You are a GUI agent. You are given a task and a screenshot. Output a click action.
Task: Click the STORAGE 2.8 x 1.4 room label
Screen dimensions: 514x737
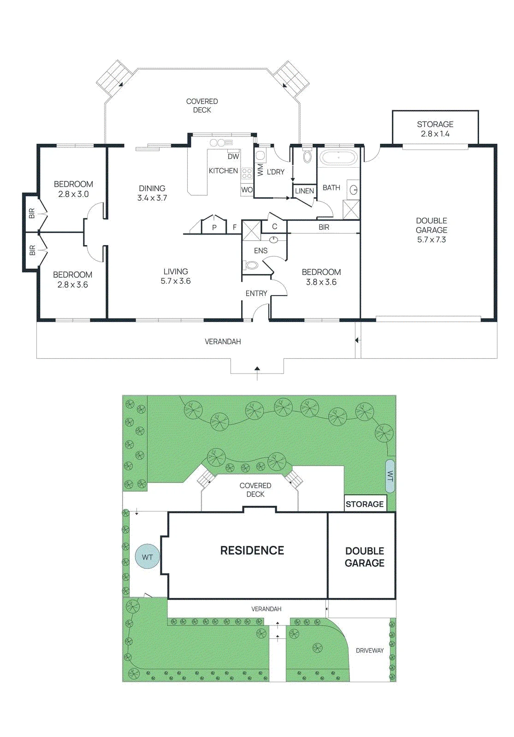tap(435, 129)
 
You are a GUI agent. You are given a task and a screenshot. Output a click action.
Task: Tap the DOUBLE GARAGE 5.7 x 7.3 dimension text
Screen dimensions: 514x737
tap(431, 230)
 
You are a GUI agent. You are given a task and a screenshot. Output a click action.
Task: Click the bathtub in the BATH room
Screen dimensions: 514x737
tap(338, 158)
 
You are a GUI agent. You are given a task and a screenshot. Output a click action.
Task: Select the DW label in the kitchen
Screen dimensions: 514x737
tap(233, 157)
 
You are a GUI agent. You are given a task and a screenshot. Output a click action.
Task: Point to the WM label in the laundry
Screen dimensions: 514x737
tap(260, 170)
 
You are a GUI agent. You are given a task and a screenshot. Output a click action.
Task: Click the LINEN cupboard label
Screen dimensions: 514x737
tap(304, 191)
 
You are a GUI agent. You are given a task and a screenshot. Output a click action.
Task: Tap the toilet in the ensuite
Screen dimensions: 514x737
tap(252, 264)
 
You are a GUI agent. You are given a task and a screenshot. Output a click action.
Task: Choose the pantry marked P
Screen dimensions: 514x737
tap(214, 227)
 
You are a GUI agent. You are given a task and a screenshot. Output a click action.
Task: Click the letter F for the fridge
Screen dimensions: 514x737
tap(235, 227)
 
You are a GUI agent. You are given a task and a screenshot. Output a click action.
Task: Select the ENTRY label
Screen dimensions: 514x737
tap(256, 293)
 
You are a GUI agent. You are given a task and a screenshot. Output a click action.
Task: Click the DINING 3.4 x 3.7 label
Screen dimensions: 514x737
tap(152, 193)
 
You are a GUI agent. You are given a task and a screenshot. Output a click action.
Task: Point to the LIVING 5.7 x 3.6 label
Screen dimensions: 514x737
tap(176, 276)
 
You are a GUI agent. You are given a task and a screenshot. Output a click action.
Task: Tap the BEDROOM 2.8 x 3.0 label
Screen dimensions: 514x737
tap(73, 189)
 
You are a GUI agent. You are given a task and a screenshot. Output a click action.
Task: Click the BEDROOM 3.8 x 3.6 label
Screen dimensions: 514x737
tap(321, 277)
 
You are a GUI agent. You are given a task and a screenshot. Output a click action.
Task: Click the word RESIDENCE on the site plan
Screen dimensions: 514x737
tap(252, 550)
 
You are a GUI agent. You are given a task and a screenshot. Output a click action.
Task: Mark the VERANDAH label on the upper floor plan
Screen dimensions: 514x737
tap(223, 341)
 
